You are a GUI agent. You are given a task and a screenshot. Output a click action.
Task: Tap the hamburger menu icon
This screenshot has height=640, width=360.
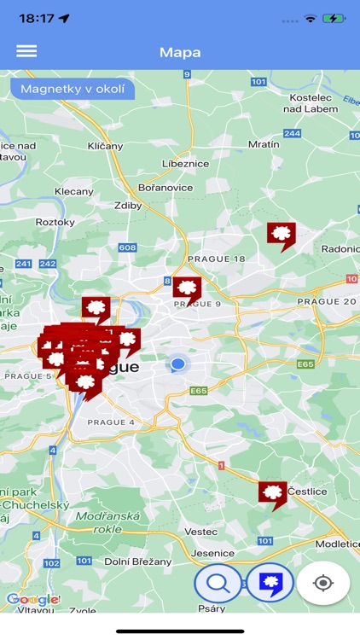click(26, 51)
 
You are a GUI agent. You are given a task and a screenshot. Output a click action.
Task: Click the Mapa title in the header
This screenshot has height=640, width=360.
click(180, 52)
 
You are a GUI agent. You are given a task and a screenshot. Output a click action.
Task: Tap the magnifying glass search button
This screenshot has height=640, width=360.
click(218, 584)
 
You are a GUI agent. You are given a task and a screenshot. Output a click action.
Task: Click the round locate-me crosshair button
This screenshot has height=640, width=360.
click(323, 584)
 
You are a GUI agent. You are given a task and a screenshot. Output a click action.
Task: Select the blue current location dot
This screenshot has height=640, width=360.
click(177, 364)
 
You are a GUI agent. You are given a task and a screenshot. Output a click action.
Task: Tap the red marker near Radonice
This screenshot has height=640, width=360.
click(281, 234)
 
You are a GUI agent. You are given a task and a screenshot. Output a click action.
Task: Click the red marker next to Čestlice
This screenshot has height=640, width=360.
click(272, 493)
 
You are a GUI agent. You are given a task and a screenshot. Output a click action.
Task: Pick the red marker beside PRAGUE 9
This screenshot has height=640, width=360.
click(187, 288)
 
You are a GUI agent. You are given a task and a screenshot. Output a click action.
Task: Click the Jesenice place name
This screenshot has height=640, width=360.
click(212, 553)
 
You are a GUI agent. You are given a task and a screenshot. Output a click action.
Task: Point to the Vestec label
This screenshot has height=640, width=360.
click(201, 531)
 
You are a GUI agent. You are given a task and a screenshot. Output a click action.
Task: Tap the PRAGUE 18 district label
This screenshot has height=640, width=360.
click(216, 259)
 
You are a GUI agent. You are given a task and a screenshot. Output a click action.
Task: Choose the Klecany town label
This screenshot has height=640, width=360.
click(73, 192)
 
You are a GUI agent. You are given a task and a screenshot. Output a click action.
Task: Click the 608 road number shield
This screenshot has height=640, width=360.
click(127, 247)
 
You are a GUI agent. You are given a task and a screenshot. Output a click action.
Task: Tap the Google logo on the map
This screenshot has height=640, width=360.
click(32, 599)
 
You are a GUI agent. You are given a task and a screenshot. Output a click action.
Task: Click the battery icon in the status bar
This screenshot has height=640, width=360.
click(334, 18)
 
